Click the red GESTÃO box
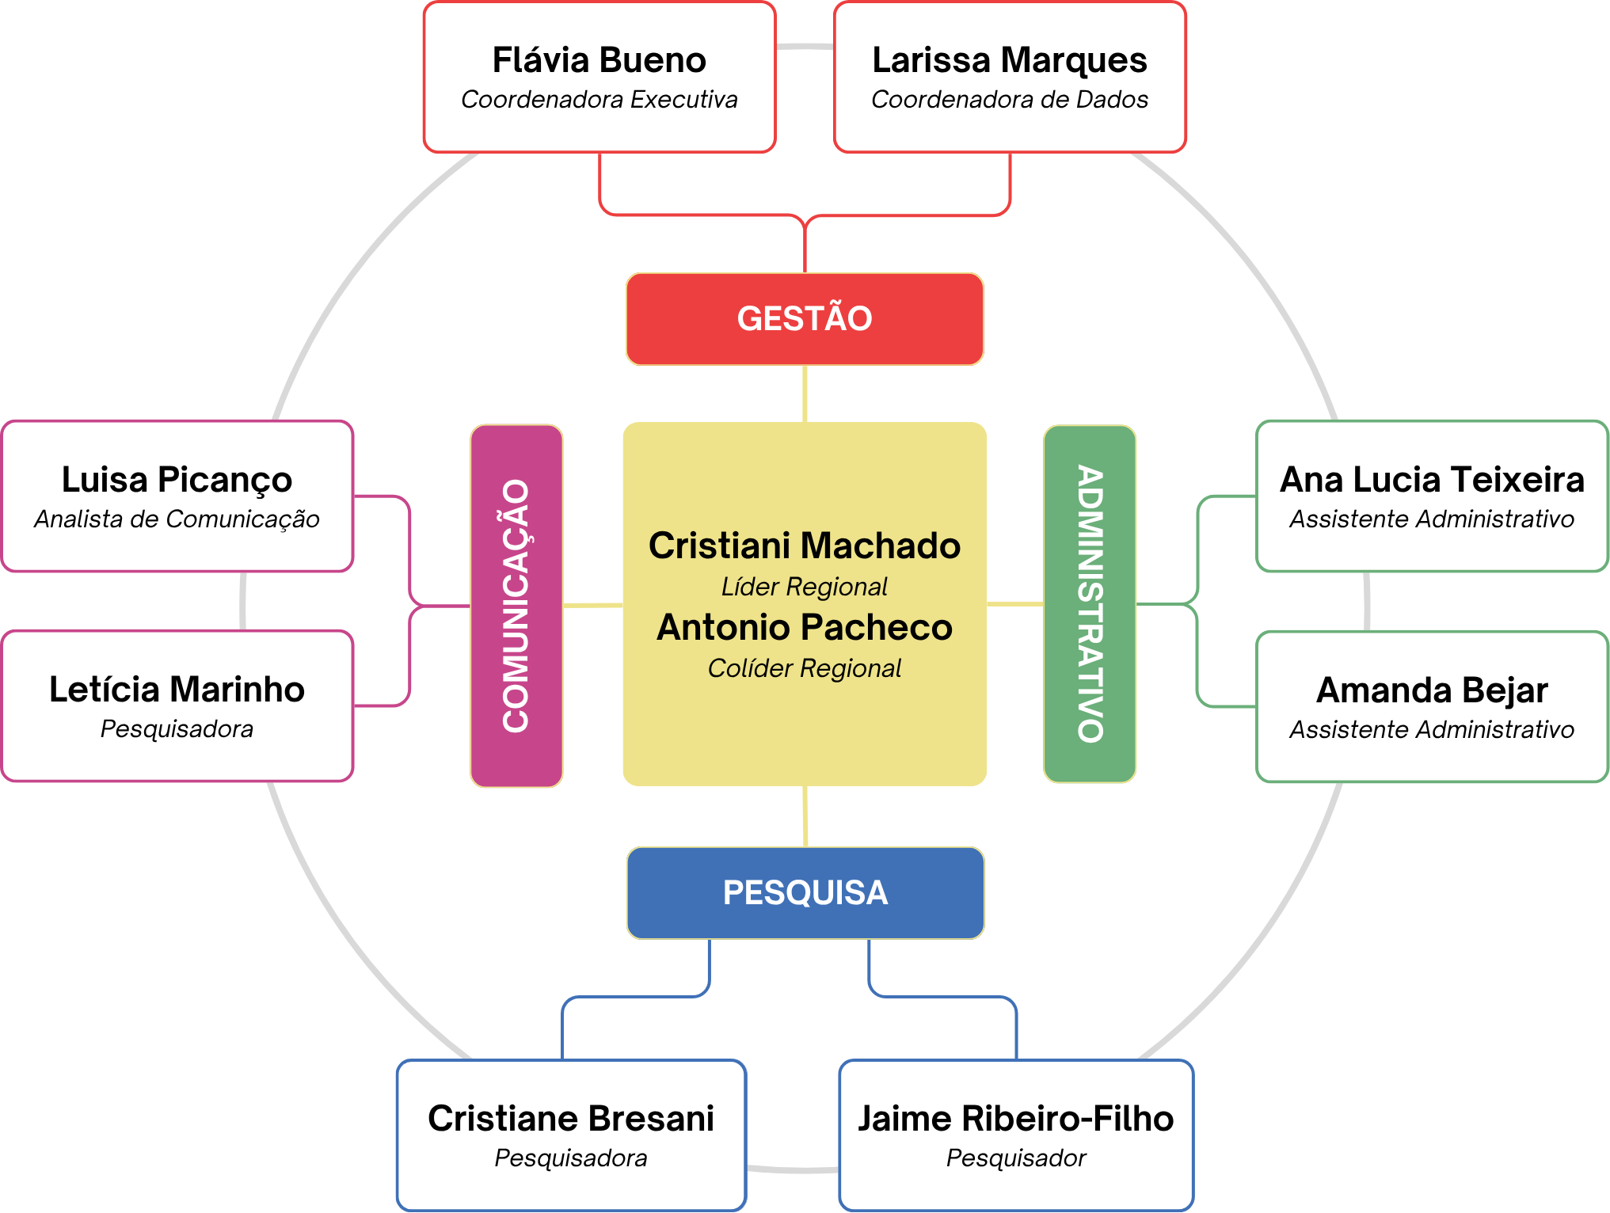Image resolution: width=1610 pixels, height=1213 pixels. coord(805,319)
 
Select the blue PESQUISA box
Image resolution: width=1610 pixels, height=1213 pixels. coord(805,893)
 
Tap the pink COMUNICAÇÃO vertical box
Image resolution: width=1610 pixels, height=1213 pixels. coord(516,606)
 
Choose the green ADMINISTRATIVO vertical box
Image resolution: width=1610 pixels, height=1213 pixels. coord(1090,604)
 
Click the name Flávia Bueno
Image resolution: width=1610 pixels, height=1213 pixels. coord(599,60)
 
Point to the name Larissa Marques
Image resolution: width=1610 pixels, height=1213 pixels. coord(1010,61)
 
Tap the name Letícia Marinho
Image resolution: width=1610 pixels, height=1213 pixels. coord(177,690)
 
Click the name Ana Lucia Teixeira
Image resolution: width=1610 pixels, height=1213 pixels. coord(1433,480)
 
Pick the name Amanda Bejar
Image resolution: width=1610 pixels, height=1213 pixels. coord(1432,690)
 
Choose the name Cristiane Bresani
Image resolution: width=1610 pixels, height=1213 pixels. coord(571,1119)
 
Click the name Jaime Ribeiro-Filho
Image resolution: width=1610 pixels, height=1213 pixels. coord(1016,1119)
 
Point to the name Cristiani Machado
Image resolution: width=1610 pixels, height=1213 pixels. coord(805,546)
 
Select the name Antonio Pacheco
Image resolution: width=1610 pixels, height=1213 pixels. coord(805,627)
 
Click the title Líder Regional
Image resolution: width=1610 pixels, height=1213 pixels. coord(805,587)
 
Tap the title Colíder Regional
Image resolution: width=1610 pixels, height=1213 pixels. coord(805,668)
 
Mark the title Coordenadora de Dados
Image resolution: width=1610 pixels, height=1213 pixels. coord(1010,100)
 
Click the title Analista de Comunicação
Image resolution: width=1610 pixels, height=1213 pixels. coord(177,519)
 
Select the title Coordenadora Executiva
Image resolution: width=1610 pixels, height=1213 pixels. coord(599,100)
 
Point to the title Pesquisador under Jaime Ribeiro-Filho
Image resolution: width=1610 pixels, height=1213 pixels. coord(1016,1158)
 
